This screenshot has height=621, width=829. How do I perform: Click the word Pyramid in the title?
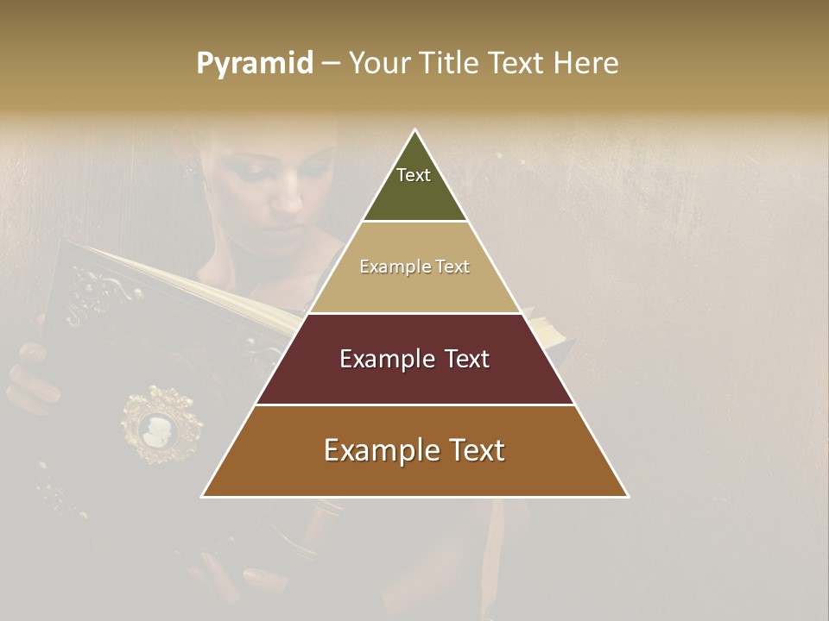click(x=255, y=64)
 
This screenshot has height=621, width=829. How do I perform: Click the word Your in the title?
click(x=377, y=64)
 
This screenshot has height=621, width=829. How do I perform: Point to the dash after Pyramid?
click(x=331, y=64)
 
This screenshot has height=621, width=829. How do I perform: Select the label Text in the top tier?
click(x=414, y=175)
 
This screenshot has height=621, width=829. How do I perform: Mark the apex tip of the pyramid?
click(x=415, y=130)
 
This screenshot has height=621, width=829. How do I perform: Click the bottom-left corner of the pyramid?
click(x=203, y=496)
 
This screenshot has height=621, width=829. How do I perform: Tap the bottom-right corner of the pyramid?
click(x=628, y=496)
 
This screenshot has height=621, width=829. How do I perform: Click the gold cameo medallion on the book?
click(x=161, y=425)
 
